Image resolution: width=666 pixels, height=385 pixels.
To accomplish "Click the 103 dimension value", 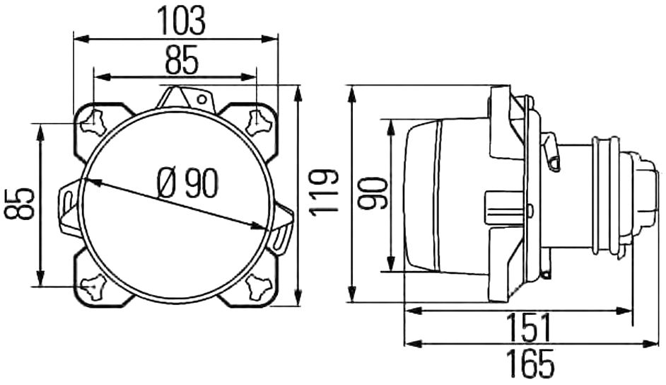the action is [x=182, y=21].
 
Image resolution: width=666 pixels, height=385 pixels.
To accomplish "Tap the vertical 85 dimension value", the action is [x=20, y=203].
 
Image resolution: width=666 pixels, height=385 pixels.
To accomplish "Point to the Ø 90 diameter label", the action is [x=187, y=183].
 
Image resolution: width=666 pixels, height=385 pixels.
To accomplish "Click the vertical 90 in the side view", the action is [x=372, y=193].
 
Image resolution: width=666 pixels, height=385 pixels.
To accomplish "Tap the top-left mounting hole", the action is [x=93, y=122].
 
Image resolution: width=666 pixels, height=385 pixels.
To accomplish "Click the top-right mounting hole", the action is [x=258, y=122].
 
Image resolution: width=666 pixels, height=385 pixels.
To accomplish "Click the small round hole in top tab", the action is [x=202, y=100].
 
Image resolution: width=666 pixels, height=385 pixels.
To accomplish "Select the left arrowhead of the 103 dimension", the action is [x=81, y=39].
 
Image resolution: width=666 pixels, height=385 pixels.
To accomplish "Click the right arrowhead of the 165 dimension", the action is [x=650, y=343].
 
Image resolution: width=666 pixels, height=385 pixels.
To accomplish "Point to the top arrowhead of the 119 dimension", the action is [x=298, y=93].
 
